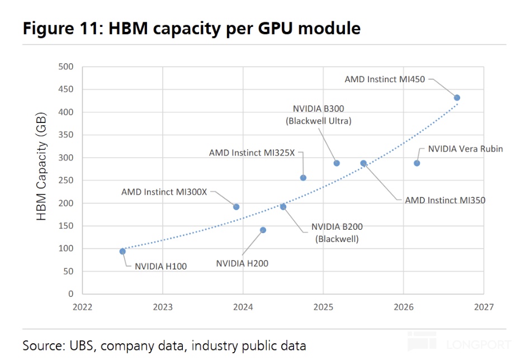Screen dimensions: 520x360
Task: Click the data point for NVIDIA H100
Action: coord(122,252)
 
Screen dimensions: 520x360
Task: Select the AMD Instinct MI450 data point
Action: coord(457,98)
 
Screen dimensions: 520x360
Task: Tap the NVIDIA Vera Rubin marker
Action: coord(417,163)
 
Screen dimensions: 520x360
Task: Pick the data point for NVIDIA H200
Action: coord(263,230)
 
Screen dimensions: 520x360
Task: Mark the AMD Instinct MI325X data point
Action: coord(303,178)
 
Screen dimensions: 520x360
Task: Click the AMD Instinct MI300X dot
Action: coord(236,207)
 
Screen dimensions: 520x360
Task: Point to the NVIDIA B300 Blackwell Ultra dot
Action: coord(337,163)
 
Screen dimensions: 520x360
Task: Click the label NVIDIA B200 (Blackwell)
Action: coord(337,233)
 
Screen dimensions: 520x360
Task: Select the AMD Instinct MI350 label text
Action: coord(445,200)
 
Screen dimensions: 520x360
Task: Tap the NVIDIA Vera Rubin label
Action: coord(465,149)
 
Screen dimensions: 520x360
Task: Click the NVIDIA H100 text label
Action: coord(161,266)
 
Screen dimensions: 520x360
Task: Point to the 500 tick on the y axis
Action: coord(65,67)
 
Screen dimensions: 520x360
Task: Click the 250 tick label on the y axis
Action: coord(65,181)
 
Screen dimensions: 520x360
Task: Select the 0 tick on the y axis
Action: coord(70,293)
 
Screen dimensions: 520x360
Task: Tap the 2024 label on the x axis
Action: coord(243,307)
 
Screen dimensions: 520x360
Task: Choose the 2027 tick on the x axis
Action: coord(484,307)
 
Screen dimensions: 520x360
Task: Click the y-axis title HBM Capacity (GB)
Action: coord(41,167)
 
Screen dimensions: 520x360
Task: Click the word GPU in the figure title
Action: coord(275,28)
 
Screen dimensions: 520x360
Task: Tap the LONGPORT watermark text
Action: coord(479,345)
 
